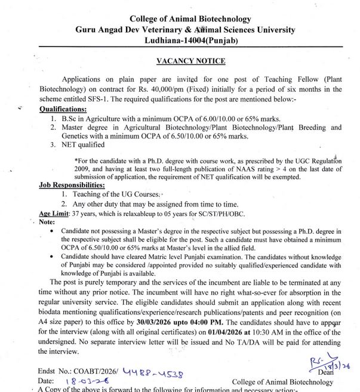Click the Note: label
click(x=47, y=222)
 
